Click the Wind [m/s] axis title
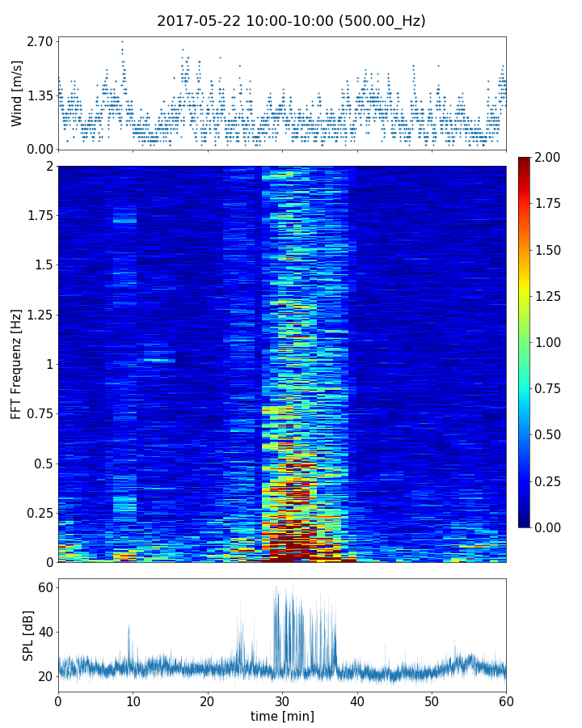pyautogui.click(x=17, y=93)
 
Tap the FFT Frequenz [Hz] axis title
pyautogui.click(x=17, y=364)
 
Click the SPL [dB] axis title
pyautogui.click(x=28, y=635)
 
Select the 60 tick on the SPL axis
pyautogui.click(x=45, y=586)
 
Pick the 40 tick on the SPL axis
pyautogui.click(x=45, y=632)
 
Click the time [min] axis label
pyautogui.click(x=282, y=716)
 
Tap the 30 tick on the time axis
pyautogui.click(x=282, y=700)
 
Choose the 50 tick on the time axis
pyautogui.click(x=432, y=700)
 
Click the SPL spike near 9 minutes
pyautogui.click(x=129, y=627)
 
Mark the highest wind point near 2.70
pyautogui.click(x=122, y=41)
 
